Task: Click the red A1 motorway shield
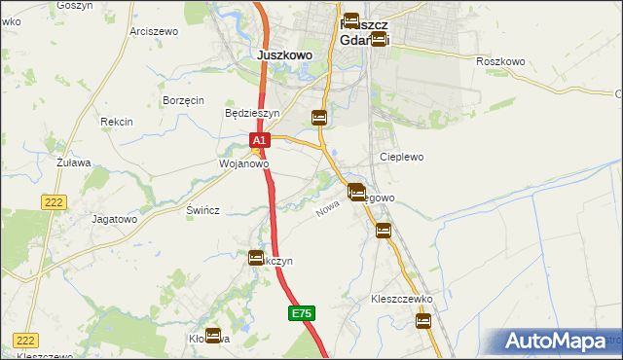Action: point(259,141)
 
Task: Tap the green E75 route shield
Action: point(302,313)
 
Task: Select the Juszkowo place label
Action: point(285,55)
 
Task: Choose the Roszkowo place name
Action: point(501,61)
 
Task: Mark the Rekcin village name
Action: point(116,122)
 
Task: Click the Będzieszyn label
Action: point(252,113)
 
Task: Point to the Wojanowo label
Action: point(242,164)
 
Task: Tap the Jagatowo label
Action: point(114,220)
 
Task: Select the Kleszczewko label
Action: point(401,299)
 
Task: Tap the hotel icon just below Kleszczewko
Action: point(423,321)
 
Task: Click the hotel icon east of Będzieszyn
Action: point(319,119)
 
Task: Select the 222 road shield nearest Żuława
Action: point(53,201)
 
